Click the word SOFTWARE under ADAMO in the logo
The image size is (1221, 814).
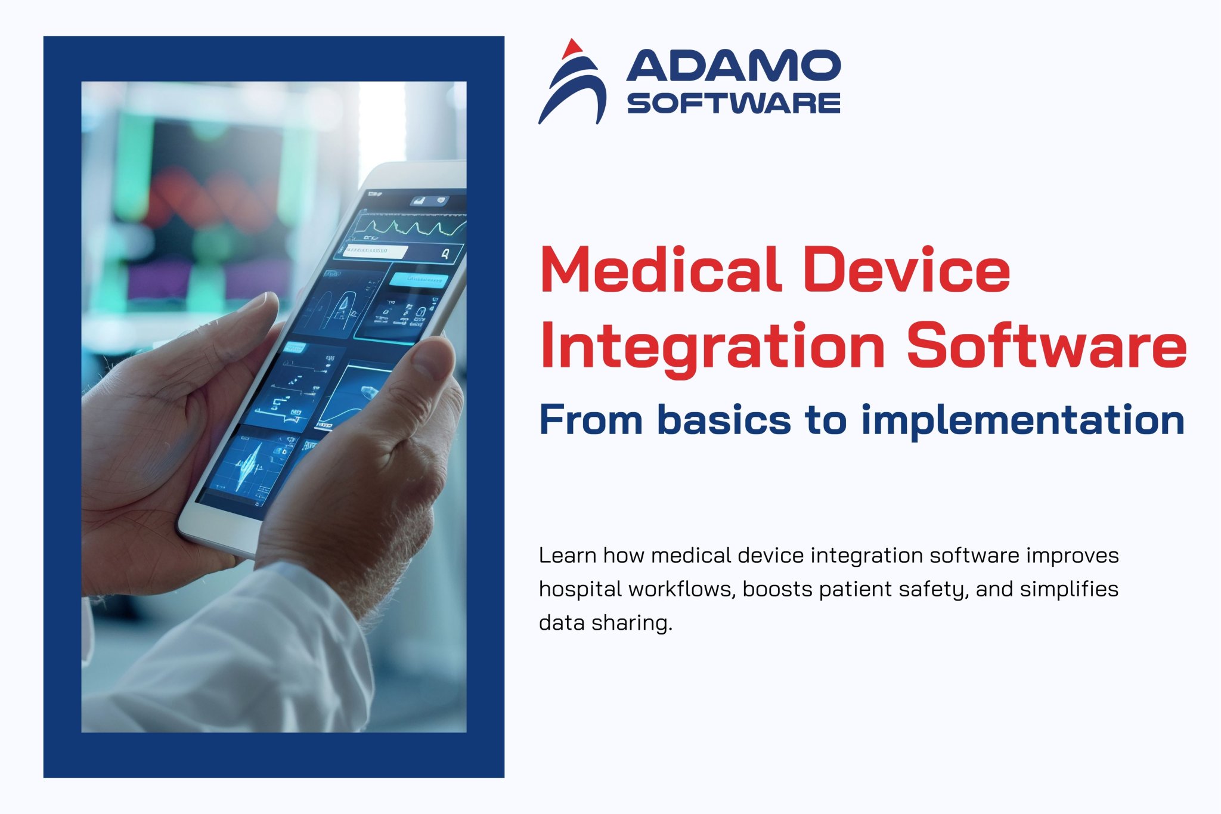pyautogui.click(x=733, y=103)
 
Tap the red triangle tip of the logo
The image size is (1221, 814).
pyautogui.click(x=573, y=48)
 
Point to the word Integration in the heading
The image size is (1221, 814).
pyautogui.click(x=712, y=346)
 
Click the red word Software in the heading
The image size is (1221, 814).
pyautogui.click(x=1046, y=346)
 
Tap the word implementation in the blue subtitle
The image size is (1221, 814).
pyautogui.click(x=1022, y=420)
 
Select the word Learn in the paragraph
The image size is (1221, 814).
pyautogui.click(x=568, y=555)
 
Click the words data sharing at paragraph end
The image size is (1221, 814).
pyautogui.click(x=605, y=623)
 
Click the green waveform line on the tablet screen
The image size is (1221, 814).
pyautogui.click(x=411, y=227)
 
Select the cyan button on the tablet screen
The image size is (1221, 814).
pyautogui.click(x=419, y=280)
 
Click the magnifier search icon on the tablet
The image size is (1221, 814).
pyautogui.click(x=445, y=255)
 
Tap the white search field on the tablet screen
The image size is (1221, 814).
pyautogui.click(x=376, y=251)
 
